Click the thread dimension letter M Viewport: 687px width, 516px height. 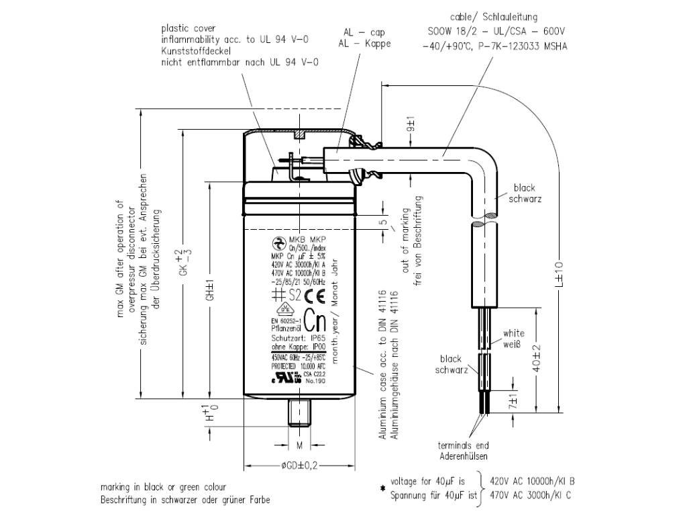pos(299,446)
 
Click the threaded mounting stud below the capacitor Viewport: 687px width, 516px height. pos(299,411)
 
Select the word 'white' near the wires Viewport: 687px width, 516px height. pos(513,333)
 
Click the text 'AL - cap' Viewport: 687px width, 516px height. pos(364,32)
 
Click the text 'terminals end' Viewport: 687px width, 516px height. pos(463,445)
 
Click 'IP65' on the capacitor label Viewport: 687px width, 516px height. pos(317,339)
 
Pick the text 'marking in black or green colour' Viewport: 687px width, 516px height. pos(163,487)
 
